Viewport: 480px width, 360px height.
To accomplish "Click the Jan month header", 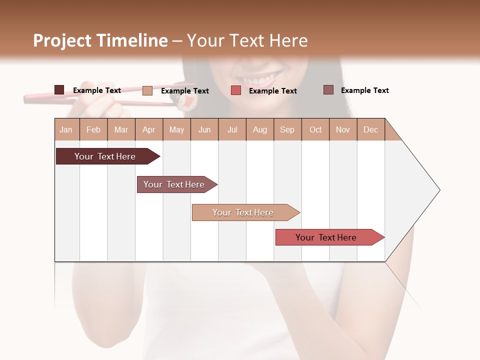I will (x=66, y=130).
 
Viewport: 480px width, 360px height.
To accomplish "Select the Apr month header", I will (x=148, y=130).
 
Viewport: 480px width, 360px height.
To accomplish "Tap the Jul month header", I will (x=232, y=130).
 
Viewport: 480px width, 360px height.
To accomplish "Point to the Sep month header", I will (x=287, y=130).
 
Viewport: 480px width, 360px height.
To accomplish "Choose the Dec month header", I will (x=370, y=130).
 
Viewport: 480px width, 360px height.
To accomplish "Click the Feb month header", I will (x=93, y=130).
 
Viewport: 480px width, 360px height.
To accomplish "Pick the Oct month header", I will (x=315, y=130).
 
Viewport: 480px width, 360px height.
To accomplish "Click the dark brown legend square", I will (x=59, y=90).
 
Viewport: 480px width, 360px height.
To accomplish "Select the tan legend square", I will (x=147, y=90).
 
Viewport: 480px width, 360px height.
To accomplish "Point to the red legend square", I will (x=236, y=90).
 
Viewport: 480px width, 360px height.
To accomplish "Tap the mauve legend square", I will (x=328, y=90).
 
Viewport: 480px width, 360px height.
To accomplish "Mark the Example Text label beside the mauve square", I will (x=364, y=90).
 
